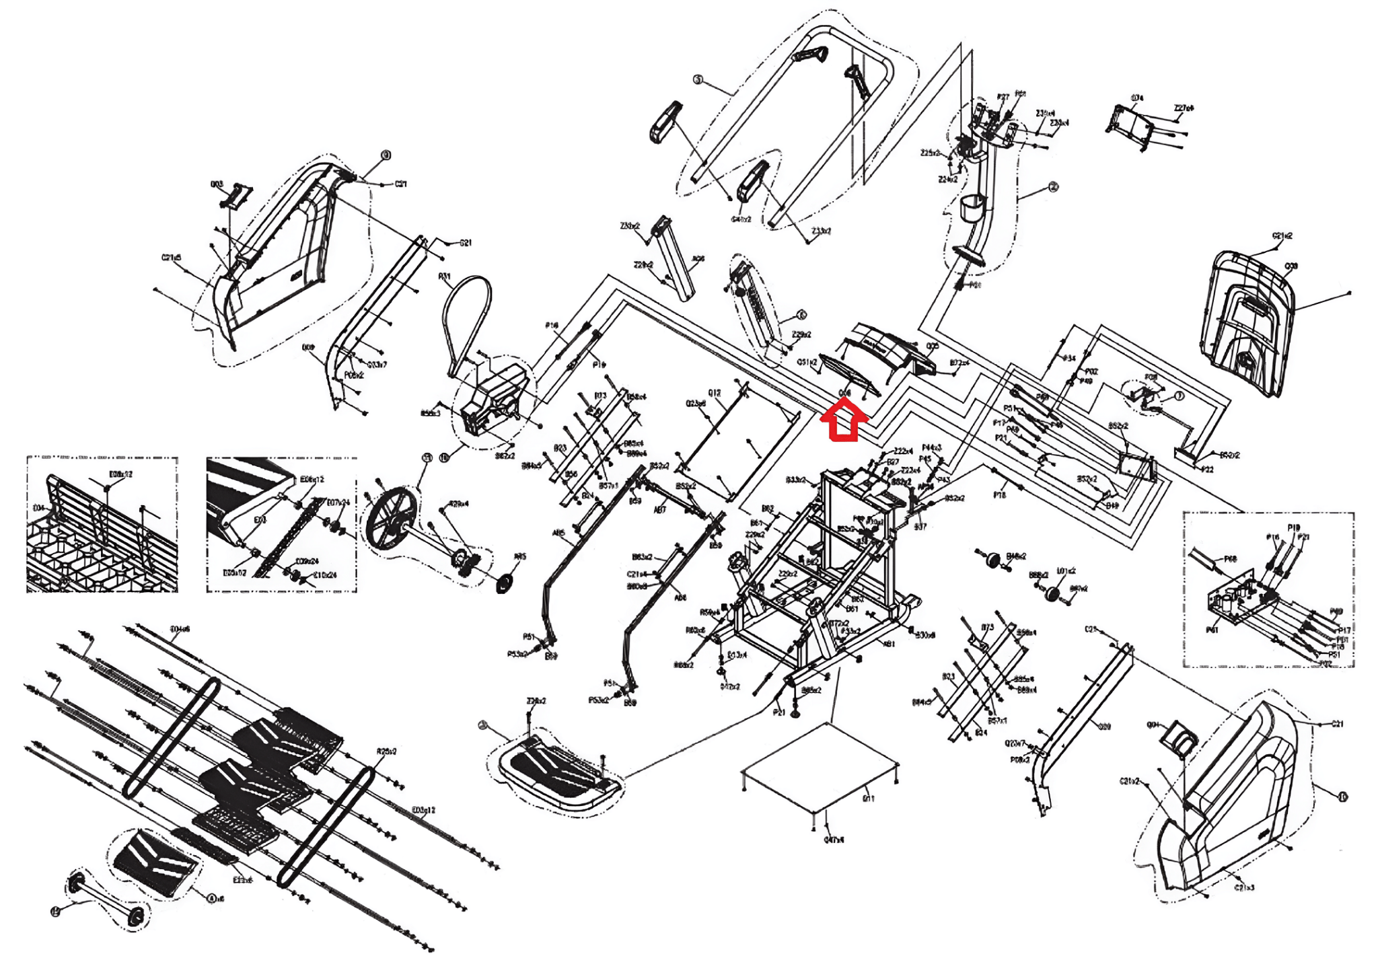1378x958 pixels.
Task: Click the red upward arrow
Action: click(844, 422)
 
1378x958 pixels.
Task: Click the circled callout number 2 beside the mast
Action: click(1053, 186)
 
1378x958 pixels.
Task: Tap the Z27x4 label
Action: click(1184, 108)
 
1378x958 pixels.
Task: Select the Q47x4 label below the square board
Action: click(834, 840)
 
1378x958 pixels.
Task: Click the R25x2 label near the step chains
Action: click(386, 751)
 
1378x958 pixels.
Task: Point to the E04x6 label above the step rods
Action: click(180, 630)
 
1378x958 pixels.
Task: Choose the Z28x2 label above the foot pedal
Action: click(536, 701)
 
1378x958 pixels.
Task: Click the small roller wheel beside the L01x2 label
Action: click(1052, 593)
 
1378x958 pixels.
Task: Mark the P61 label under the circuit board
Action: click(1212, 630)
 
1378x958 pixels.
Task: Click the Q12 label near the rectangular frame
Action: click(714, 393)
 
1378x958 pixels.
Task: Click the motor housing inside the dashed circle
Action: click(496, 400)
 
